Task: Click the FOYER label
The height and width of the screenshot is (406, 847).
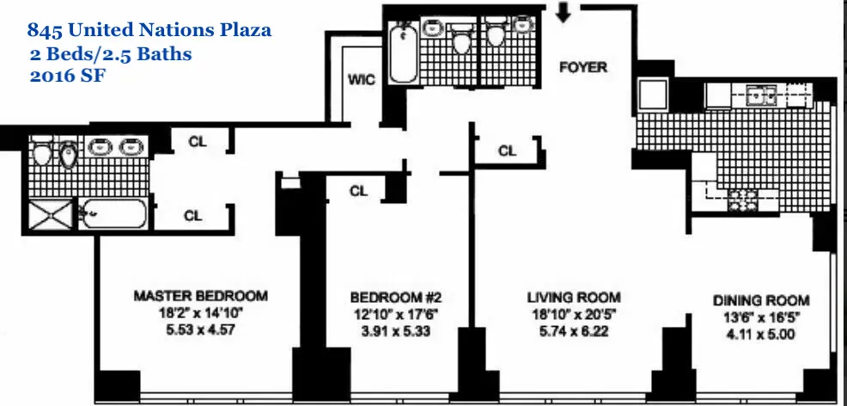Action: click(x=583, y=67)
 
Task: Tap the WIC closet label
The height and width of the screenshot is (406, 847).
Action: click(x=360, y=80)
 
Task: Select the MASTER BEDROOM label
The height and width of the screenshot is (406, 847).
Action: click(x=200, y=296)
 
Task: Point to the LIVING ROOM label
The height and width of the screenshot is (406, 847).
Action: click(x=573, y=298)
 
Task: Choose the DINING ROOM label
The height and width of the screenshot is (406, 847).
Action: click(x=761, y=300)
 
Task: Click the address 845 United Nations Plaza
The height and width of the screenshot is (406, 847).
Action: click(x=149, y=31)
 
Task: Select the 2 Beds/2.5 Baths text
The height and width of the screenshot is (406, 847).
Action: click(x=109, y=53)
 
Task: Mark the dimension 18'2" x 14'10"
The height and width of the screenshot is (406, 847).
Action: click(x=200, y=312)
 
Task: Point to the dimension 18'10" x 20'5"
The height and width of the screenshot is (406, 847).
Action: click(x=573, y=314)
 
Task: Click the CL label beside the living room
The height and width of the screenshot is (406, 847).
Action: click(x=508, y=151)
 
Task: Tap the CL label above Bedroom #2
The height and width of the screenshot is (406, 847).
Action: click(x=359, y=191)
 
